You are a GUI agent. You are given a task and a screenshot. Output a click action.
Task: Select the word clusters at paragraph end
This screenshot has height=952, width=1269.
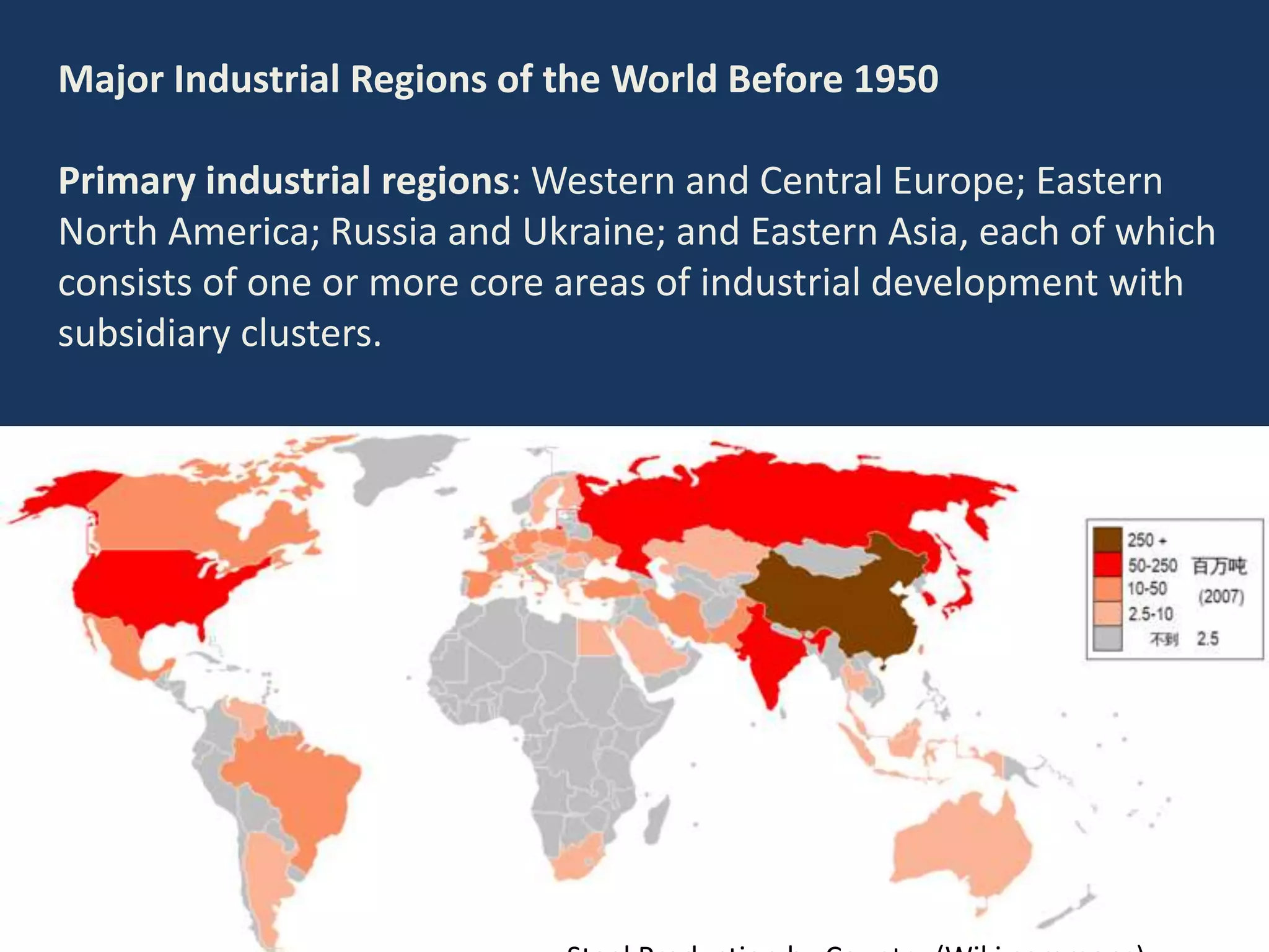click(310, 333)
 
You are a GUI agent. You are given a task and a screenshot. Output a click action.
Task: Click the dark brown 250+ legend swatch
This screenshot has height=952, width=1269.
click(1107, 540)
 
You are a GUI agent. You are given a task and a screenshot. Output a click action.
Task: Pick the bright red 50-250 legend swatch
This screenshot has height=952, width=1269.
click(1107, 565)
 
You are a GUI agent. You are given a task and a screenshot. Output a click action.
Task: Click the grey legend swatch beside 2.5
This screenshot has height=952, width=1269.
click(1107, 639)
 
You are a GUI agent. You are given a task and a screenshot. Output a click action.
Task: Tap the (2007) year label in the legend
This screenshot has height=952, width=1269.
click(1220, 597)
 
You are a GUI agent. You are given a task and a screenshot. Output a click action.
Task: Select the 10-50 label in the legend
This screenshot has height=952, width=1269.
click(1147, 589)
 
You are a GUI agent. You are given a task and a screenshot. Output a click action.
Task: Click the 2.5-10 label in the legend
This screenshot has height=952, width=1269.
click(1150, 614)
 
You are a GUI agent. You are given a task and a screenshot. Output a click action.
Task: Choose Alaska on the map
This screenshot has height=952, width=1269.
click(68, 496)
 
